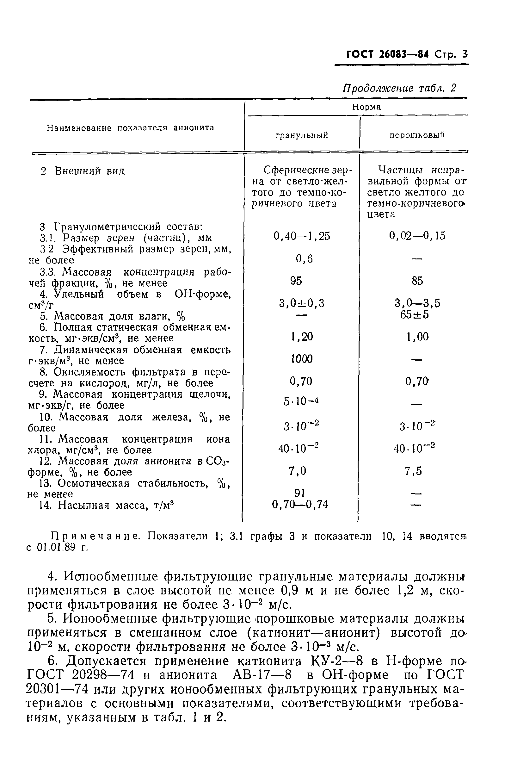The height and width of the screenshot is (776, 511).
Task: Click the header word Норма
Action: [x=366, y=107]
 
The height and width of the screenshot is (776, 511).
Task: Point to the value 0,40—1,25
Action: [x=301, y=236]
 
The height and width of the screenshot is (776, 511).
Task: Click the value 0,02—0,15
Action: [x=417, y=236]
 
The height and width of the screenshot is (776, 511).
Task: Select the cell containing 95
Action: [x=296, y=281]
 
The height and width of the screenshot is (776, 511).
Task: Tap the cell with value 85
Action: [x=417, y=281]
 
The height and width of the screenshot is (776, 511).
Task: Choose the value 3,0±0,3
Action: [x=301, y=303]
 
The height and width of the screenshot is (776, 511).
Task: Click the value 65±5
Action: [x=415, y=315]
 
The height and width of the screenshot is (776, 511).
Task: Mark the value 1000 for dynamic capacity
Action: [x=301, y=359]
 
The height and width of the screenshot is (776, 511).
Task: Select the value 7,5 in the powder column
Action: [x=413, y=471]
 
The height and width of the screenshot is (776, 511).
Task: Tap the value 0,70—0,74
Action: [x=300, y=505]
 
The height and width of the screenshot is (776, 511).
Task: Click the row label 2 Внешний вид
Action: [x=83, y=171]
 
